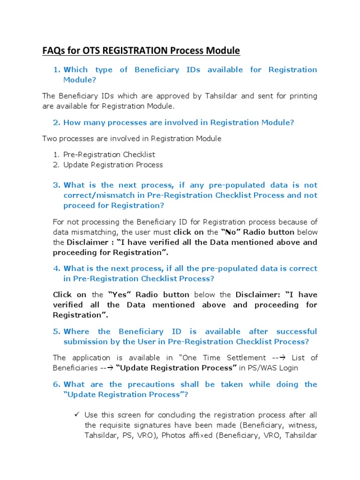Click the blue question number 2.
click(x=57, y=122)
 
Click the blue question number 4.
click(x=57, y=269)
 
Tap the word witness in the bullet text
click(x=300, y=425)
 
